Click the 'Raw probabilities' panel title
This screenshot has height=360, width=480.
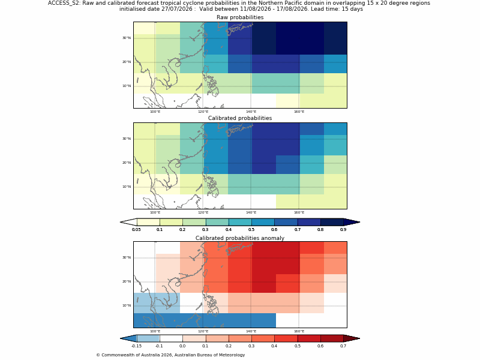240,17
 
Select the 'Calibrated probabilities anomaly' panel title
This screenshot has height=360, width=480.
240,238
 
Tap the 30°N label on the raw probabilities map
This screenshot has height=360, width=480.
127,38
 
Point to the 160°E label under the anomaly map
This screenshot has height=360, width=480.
299,331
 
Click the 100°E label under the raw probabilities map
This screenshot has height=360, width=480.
155,112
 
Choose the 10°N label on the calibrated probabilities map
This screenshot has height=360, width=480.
127,187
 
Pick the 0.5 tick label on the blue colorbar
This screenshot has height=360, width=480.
251,230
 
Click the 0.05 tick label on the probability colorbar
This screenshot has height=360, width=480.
136,230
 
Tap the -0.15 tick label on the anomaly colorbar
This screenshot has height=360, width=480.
136,346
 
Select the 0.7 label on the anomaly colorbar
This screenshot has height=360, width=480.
343,346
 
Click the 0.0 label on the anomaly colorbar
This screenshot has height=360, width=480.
182,346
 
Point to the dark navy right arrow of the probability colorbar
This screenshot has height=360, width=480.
352,222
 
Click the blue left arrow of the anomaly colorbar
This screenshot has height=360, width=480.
128,338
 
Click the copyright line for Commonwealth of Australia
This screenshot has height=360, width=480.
170,355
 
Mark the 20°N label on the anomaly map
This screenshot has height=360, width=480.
127,281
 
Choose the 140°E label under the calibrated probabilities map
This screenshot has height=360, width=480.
251,212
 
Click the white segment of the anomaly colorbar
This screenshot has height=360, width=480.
171,338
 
